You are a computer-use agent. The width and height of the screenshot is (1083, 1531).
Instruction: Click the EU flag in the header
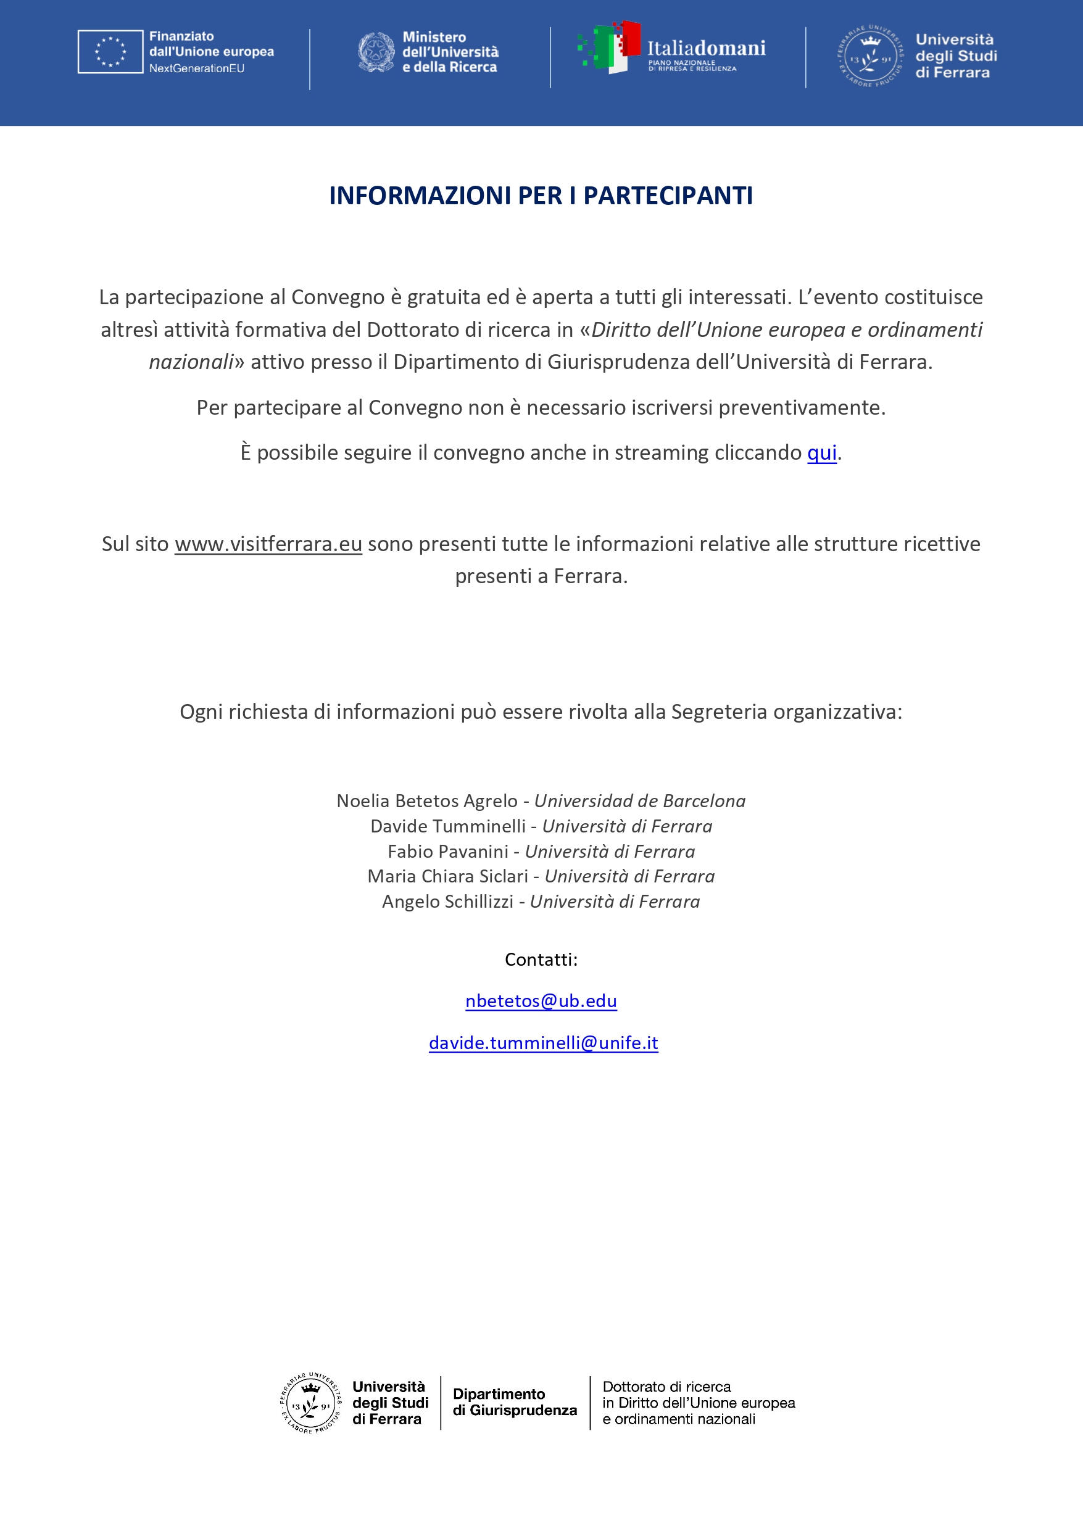point(110,51)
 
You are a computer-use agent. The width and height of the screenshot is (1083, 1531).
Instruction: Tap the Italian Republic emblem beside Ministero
point(376,52)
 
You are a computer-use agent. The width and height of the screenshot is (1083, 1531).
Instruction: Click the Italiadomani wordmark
point(706,48)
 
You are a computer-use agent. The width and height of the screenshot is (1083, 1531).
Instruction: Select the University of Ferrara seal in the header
point(870,57)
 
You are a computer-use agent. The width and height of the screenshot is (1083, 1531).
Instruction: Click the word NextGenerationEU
point(197,68)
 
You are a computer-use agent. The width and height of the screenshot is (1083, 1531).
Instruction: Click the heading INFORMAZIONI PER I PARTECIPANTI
point(541,196)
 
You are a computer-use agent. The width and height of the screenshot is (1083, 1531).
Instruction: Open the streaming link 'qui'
point(821,453)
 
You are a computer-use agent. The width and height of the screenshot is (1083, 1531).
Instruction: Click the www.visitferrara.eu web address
point(268,544)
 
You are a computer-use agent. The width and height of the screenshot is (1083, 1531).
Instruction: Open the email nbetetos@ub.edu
point(541,1001)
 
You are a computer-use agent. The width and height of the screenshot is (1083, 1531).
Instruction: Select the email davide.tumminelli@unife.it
point(543,1043)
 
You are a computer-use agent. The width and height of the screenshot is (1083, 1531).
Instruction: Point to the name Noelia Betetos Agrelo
point(427,801)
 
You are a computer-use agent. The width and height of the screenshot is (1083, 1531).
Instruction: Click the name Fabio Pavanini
point(447,852)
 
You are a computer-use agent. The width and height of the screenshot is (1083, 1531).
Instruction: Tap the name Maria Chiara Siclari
point(447,876)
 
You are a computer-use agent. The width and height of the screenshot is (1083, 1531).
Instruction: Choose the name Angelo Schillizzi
point(447,902)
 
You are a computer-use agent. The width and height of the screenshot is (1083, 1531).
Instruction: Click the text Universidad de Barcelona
point(639,801)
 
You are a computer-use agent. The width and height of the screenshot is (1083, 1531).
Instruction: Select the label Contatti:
point(541,960)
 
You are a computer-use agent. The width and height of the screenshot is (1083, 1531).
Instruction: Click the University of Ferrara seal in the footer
point(310,1403)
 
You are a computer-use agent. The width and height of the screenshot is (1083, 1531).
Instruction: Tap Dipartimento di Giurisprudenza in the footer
point(514,1402)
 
